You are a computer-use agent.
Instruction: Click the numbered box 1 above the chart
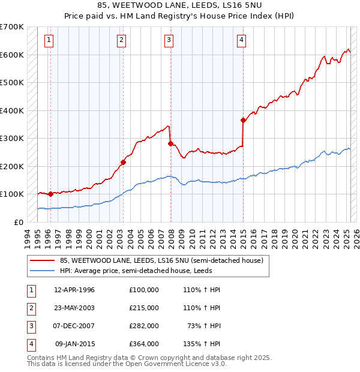click(49, 40)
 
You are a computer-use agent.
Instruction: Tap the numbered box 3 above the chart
click(169, 40)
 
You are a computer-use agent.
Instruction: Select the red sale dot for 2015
click(243, 120)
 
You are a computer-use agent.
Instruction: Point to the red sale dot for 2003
click(123, 162)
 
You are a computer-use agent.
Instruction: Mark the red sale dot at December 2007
click(171, 143)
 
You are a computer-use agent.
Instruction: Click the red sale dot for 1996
click(50, 194)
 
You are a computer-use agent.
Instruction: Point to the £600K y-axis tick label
click(12, 55)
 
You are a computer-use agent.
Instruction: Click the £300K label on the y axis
click(12, 138)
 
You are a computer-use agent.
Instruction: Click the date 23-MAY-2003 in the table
click(74, 307)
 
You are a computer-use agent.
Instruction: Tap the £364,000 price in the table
click(143, 344)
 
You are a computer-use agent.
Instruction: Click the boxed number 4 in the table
click(30, 344)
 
